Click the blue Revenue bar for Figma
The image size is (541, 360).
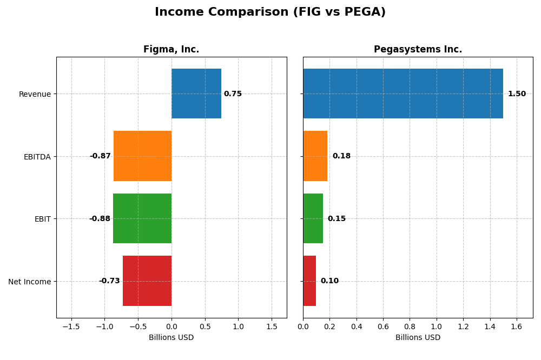tap(196, 94)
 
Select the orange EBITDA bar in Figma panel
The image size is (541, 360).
tap(142, 156)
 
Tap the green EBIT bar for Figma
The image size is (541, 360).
tap(142, 218)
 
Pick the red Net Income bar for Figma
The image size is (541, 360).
tap(147, 281)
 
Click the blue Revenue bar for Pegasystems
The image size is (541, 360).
tap(403, 94)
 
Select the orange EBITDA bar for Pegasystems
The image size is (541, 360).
tap(315, 156)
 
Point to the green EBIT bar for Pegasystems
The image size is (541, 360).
tap(313, 218)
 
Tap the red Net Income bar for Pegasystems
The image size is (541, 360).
tap(309, 281)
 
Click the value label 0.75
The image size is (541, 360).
tap(233, 94)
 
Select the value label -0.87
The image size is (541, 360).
tap(100, 156)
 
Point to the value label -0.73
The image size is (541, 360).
tap(109, 281)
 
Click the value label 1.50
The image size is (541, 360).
tap(517, 94)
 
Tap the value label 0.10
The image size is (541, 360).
tap(329, 281)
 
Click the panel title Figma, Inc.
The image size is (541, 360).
tap(171, 50)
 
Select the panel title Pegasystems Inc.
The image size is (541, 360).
tap(418, 50)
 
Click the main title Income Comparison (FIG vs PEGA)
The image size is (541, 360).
tap(270, 12)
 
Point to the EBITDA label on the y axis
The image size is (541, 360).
tap(37, 157)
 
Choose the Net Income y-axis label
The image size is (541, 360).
tap(29, 282)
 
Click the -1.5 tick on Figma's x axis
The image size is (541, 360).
tap(71, 327)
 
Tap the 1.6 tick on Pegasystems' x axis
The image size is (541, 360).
tap(517, 327)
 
